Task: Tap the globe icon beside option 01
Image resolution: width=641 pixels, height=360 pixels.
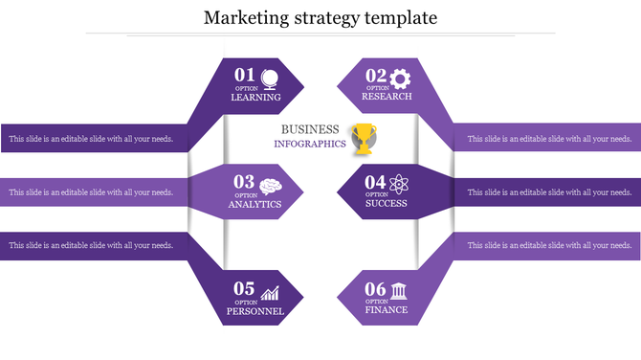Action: click(x=271, y=78)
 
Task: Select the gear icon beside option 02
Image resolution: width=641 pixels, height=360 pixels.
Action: click(x=401, y=77)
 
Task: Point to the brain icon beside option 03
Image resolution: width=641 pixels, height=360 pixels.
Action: click(x=271, y=185)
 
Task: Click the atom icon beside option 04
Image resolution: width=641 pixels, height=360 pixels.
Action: click(x=401, y=184)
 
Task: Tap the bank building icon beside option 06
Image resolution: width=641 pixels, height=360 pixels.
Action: click(x=401, y=291)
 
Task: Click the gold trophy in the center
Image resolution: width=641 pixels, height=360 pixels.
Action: click(x=365, y=138)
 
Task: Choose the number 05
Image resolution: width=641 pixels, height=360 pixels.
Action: click(x=245, y=288)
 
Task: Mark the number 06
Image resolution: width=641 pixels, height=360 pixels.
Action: click(x=375, y=288)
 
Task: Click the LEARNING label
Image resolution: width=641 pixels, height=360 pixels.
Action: click(x=255, y=98)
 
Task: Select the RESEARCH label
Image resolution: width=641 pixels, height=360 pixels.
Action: click(x=387, y=97)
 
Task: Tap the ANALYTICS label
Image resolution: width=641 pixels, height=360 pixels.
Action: click(x=254, y=205)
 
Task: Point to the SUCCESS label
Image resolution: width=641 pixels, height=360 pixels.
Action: click(x=386, y=204)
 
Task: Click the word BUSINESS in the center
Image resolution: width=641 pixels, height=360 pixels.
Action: click(x=310, y=129)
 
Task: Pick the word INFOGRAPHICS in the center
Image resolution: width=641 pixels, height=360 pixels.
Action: click(x=309, y=145)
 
